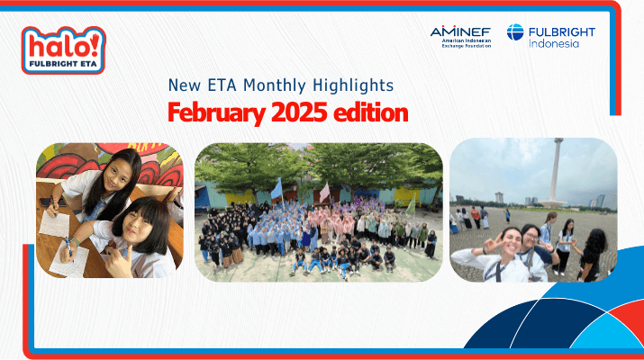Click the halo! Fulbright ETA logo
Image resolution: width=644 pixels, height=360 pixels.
(x=64, y=50)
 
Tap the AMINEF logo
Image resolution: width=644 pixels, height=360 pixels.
(x=460, y=37)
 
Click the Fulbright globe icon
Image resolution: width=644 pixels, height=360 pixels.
(x=515, y=32)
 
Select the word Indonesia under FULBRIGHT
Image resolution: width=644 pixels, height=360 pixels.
(x=554, y=43)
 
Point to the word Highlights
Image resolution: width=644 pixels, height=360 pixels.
(x=353, y=85)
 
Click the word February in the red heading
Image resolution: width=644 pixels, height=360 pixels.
(x=216, y=112)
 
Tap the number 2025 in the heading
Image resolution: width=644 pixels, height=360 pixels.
(x=299, y=112)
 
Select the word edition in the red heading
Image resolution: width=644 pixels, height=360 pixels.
(x=370, y=112)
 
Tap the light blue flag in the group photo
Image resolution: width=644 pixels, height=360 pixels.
(x=277, y=189)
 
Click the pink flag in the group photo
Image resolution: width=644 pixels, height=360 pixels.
(x=324, y=192)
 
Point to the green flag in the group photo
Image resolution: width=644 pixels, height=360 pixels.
(x=411, y=205)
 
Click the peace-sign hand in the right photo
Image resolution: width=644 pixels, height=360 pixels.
(x=492, y=243)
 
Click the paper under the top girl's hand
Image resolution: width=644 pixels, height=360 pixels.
(x=55, y=224)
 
